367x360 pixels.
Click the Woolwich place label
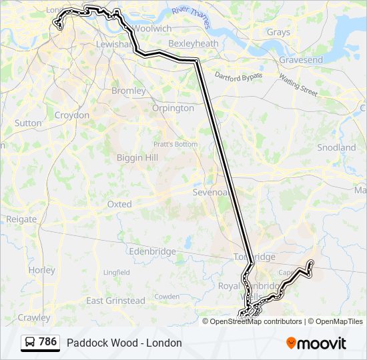(152, 29)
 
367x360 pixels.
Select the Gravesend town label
(301, 60)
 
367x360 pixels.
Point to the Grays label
(278, 32)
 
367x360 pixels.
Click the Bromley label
(129, 91)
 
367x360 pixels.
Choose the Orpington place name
(173, 108)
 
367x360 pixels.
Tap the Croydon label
(72, 115)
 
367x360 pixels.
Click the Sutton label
(28, 123)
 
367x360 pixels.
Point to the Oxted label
(119, 204)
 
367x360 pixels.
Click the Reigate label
(22, 219)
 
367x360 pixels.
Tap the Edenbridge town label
(153, 252)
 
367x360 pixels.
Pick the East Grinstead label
(115, 301)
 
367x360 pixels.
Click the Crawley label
(34, 317)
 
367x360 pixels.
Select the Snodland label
(336, 147)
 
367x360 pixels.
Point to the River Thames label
(190, 17)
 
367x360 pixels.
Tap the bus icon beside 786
(31, 343)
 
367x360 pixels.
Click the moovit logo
(316, 343)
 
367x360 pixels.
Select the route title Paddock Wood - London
(124, 343)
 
